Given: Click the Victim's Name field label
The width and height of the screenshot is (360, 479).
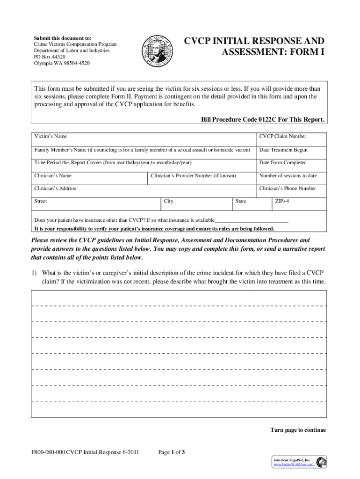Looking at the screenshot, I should [x=50, y=137].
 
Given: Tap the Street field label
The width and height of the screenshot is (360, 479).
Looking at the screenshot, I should [x=41, y=202].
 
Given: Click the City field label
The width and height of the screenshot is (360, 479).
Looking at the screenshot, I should [x=169, y=202].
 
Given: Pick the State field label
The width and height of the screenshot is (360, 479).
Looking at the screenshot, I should [x=241, y=202].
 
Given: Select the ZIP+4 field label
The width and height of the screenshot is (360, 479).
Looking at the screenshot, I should [x=282, y=202].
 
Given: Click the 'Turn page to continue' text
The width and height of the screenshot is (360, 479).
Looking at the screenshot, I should [x=298, y=430].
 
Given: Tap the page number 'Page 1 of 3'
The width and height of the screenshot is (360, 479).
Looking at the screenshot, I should [x=172, y=452].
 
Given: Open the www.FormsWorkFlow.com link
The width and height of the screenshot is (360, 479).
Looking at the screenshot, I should [x=293, y=464].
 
